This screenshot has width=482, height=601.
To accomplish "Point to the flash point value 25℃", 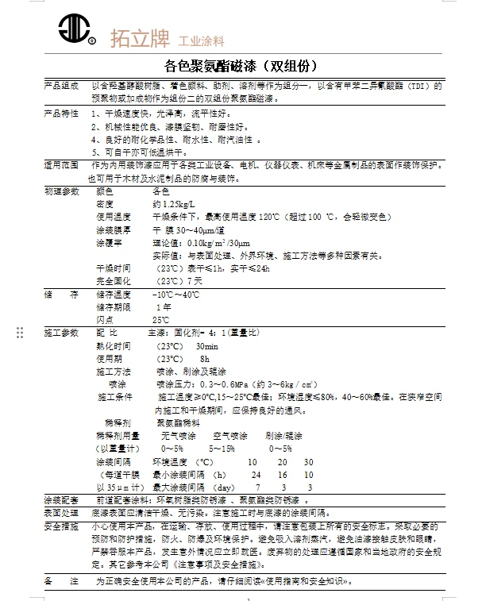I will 160,319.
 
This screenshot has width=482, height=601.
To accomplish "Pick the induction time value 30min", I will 206,346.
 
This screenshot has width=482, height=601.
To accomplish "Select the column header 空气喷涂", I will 230,436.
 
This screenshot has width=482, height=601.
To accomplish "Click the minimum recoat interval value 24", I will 256,474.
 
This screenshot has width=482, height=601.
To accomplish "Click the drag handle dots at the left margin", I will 21,333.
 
